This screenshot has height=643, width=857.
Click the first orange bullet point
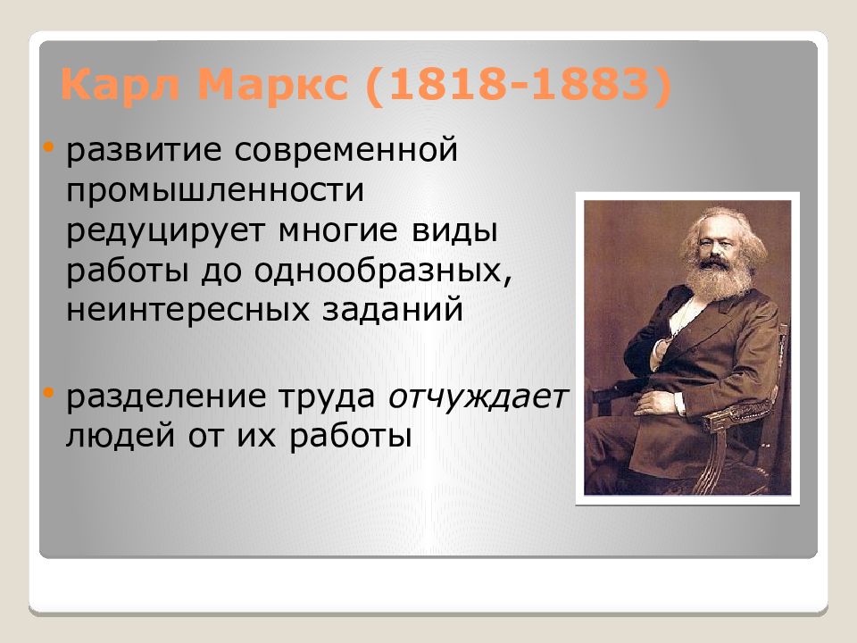[49, 143]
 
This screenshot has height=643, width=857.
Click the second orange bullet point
[49, 391]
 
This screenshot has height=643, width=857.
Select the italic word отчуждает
[478, 398]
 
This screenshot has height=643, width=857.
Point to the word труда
[320, 398]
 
